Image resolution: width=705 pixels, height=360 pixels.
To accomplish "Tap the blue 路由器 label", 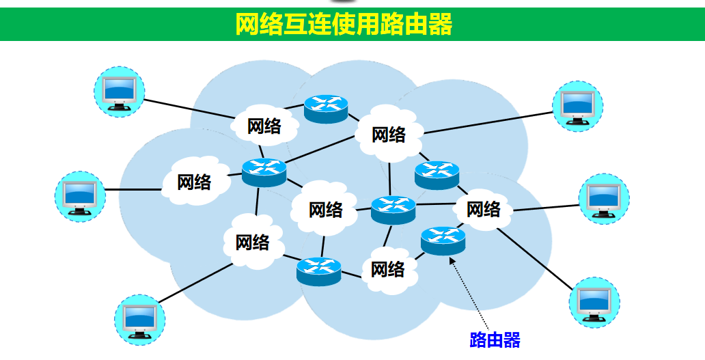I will pyautogui.click(x=495, y=340).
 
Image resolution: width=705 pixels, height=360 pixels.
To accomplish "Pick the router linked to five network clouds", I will pyautogui.click(x=263, y=171).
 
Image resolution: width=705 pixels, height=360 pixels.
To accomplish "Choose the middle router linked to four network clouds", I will pyautogui.click(x=393, y=208).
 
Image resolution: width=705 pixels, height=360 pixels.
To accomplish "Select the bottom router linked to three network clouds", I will pyautogui.click(x=318, y=271).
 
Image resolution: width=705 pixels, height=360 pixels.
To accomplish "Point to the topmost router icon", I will pyautogui.click(x=326, y=108).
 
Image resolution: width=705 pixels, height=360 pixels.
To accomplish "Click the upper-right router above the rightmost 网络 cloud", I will pyautogui.click(x=437, y=174).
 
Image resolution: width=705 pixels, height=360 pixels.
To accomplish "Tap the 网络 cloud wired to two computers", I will pyautogui.click(x=484, y=209).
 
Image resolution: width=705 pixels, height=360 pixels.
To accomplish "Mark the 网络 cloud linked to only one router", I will pyautogui.click(x=194, y=182).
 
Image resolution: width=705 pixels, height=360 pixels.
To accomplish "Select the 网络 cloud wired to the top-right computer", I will pyautogui.click(x=388, y=134).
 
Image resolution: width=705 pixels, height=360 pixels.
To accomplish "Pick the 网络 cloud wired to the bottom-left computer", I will pyautogui.click(x=252, y=242).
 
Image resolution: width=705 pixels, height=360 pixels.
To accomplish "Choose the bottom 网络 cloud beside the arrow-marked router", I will pyautogui.click(x=387, y=269).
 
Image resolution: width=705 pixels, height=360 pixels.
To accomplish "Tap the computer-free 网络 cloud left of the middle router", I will pyautogui.click(x=325, y=209).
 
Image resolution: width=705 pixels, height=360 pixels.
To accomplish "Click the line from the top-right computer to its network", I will pyautogui.click(x=488, y=122).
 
